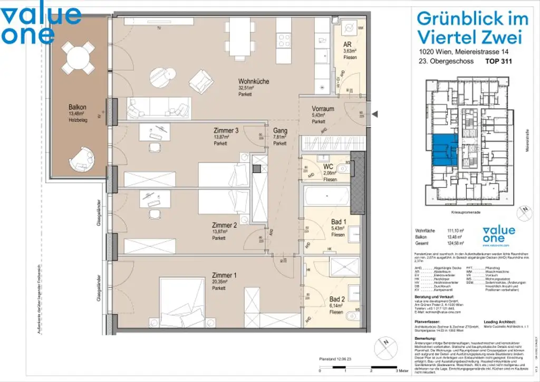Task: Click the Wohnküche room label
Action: click(x=254, y=82)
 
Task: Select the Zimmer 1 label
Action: click(x=224, y=275)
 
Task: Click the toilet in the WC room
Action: click(x=342, y=169)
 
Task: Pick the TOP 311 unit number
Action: click(x=498, y=61)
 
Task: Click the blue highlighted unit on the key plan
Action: click(x=442, y=149)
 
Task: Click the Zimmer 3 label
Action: click(x=227, y=131)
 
